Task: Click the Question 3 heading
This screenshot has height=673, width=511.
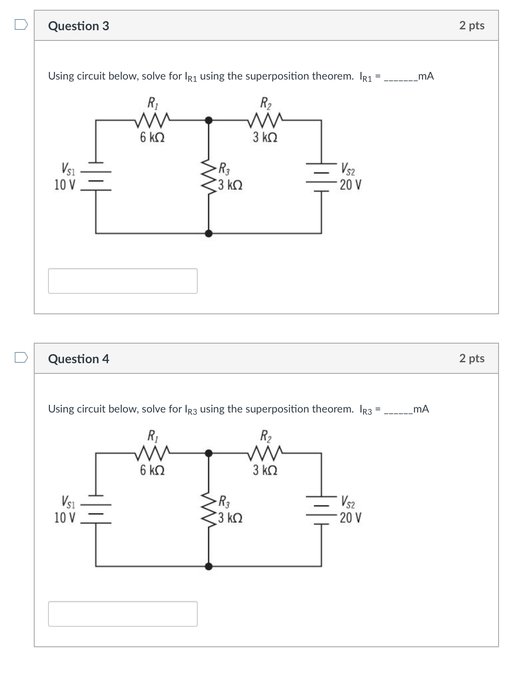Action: click(x=78, y=26)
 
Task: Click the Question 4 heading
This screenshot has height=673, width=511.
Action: click(x=78, y=359)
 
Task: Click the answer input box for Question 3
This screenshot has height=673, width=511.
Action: click(x=123, y=281)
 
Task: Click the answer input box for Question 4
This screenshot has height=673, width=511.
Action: click(x=123, y=614)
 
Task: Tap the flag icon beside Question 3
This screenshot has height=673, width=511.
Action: click(x=21, y=24)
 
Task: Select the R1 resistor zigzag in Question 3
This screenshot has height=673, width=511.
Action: click(x=152, y=120)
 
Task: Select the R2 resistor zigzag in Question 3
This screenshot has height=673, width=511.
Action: click(x=265, y=120)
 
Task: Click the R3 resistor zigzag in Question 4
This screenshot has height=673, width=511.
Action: click(x=208, y=509)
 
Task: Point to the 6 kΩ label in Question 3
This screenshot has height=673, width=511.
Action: click(x=152, y=137)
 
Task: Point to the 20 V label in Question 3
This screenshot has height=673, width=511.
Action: click(x=351, y=184)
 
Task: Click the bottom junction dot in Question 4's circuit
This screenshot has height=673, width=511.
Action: click(x=208, y=566)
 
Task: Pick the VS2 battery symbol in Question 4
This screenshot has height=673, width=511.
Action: click(x=321, y=509)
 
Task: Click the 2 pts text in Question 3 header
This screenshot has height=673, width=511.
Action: click(x=471, y=25)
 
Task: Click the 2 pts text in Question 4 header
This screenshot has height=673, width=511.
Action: click(x=471, y=358)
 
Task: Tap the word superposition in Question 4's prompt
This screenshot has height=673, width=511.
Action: click(x=277, y=409)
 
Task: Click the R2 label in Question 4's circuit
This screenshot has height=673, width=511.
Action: click(x=266, y=436)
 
